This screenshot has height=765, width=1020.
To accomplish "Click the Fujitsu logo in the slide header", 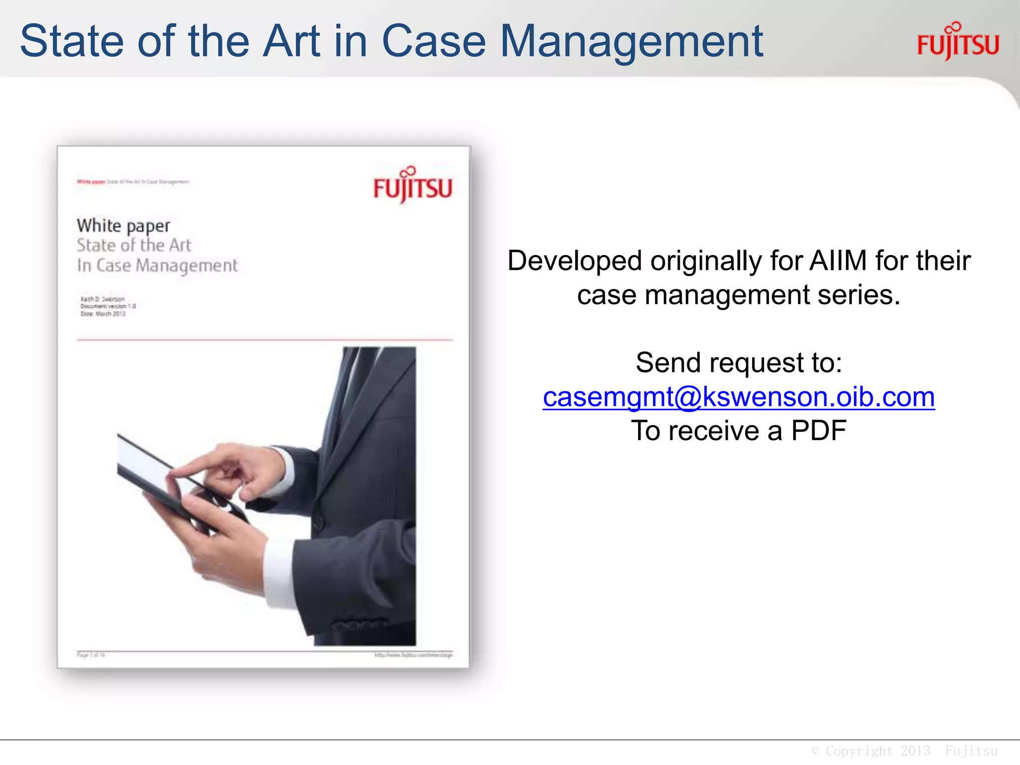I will pos(958,42).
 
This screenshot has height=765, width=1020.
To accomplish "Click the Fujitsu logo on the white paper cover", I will pos(412,185).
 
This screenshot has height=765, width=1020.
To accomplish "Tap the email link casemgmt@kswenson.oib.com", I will pos(739,397).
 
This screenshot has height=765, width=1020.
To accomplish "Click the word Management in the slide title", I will pos(631,42).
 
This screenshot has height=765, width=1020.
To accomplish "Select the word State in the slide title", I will pos(72,41).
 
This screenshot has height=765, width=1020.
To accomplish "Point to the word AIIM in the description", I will pos(838,260).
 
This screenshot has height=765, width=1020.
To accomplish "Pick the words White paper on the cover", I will pos(123,226).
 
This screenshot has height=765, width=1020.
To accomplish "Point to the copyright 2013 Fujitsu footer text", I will pos(904,751).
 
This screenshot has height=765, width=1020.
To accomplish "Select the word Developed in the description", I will pos(574,260).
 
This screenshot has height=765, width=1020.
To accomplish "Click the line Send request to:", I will pos(739,363).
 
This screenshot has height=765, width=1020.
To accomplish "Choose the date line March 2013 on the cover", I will pos(103,314).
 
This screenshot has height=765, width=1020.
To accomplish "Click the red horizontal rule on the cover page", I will pos(264,340).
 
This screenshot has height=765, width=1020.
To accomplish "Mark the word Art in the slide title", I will pos(291,41).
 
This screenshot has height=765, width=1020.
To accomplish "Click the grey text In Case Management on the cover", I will pos(157,265).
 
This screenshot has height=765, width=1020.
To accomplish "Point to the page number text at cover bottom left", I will pos(91,655).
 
